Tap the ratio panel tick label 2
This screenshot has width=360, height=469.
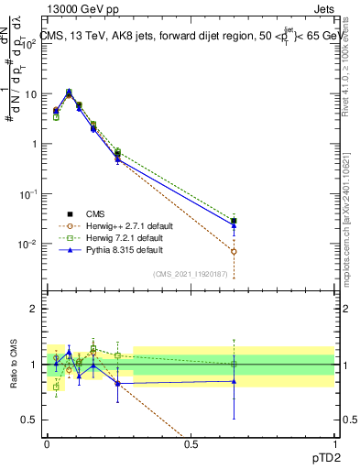click(34, 309)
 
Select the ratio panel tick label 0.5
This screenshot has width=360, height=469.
click(29, 420)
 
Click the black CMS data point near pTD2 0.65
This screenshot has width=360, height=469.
click(234, 221)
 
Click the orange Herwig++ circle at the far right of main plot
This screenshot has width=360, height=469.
click(234, 251)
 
